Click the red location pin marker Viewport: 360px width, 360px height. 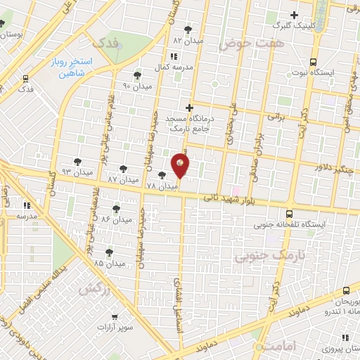pos(181,165)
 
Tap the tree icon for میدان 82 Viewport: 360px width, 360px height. pos(188,29)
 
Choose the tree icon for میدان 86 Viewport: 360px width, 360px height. pos(115,209)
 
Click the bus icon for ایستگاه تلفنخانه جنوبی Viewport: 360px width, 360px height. pos(289,214)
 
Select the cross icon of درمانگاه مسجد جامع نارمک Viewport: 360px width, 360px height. pos(188,108)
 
